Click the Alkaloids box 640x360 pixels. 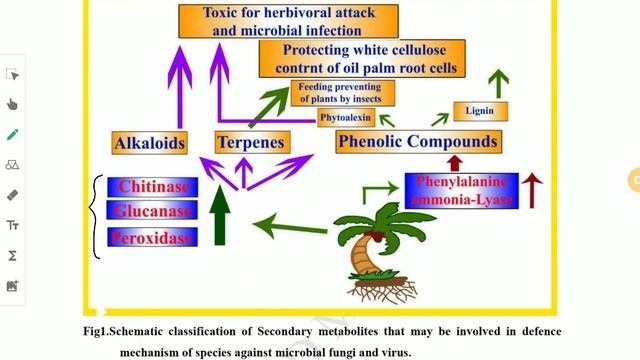[150, 143]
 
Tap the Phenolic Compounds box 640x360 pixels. [417, 142]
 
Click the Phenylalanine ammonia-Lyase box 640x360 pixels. [460, 190]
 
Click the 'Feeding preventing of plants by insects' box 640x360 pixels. [342, 93]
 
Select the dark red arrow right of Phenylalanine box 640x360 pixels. [531, 190]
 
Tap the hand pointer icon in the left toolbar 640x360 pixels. [12, 103]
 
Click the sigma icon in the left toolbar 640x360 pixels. [12, 256]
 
